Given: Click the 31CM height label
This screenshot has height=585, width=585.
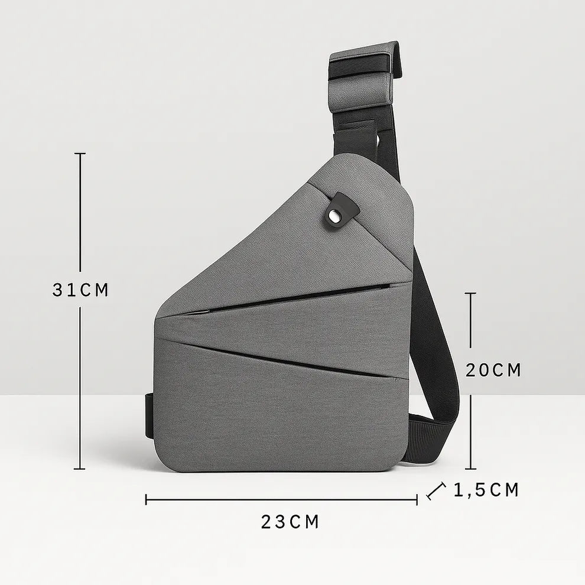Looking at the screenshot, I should tap(80, 290).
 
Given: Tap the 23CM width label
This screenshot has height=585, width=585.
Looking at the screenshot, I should tap(290, 522).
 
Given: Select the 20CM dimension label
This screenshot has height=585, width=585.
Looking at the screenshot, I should tap(493, 370).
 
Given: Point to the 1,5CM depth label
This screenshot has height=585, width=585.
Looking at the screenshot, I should tap(486, 490).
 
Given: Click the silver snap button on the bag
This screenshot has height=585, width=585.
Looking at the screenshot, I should tap(337, 216).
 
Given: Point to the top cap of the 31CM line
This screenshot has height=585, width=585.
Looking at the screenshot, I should tap(80, 154).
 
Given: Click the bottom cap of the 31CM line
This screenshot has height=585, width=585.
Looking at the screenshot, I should tap(80, 469).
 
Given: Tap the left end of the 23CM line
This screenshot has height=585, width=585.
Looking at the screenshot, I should tap(146, 500).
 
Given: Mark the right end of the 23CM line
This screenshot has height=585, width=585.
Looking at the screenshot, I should tap(417, 500).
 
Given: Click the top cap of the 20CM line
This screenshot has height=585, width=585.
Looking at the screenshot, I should tap(471, 293).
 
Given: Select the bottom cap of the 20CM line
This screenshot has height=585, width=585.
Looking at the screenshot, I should tap(471, 469).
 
